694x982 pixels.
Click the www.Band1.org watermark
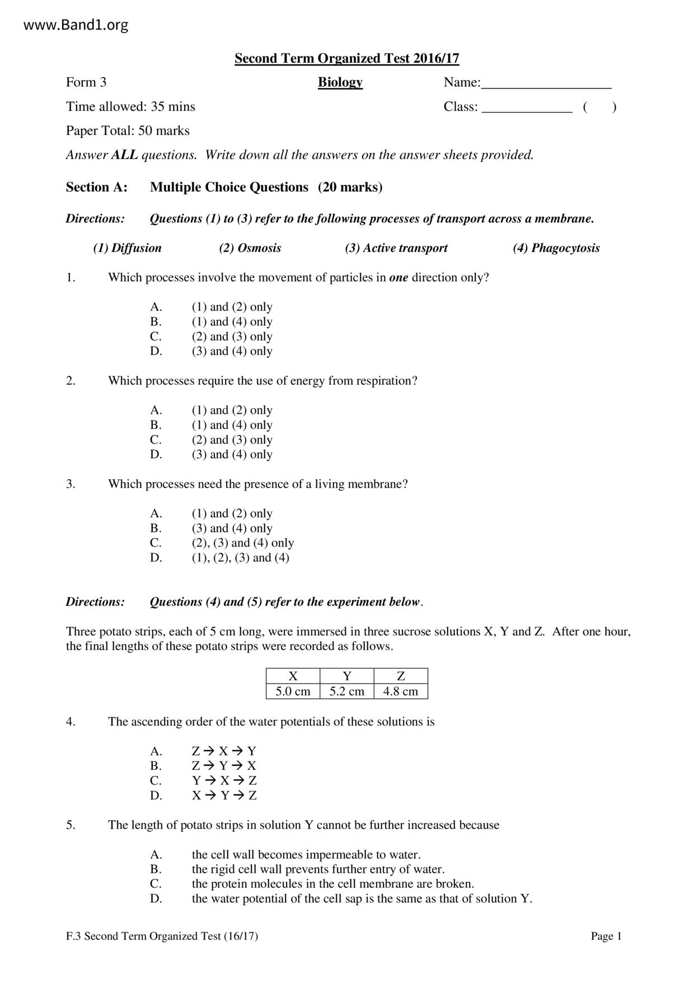(x=76, y=25)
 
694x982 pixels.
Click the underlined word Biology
(x=340, y=82)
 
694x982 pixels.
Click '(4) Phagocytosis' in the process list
(x=556, y=248)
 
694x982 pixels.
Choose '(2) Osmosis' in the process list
(x=250, y=248)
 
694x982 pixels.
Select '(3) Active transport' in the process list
(x=396, y=248)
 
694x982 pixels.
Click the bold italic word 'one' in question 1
(x=398, y=278)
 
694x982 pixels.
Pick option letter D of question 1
(x=156, y=351)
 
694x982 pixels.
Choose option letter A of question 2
(x=156, y=410)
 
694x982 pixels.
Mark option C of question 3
(x=156, y=543)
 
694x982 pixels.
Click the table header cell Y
(x=346, y=676)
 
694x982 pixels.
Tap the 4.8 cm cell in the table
(x=400, y=691)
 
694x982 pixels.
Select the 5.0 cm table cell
(x=293, y=691)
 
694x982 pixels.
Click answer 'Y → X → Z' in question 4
(x=224, y=780)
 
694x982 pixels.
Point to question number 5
(x=71, y=825)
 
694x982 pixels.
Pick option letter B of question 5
(x=156, y=869)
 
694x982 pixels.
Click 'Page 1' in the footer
(x=606, y=936)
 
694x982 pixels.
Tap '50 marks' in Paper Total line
(x=163, y=131)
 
